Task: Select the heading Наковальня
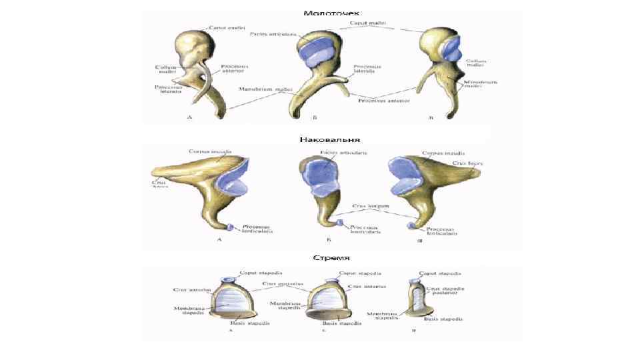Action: coord(331,140)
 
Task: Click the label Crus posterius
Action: coord(279,283)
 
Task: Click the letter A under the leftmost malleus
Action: coord(190,119)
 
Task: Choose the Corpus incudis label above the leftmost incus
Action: coord(211,153)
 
